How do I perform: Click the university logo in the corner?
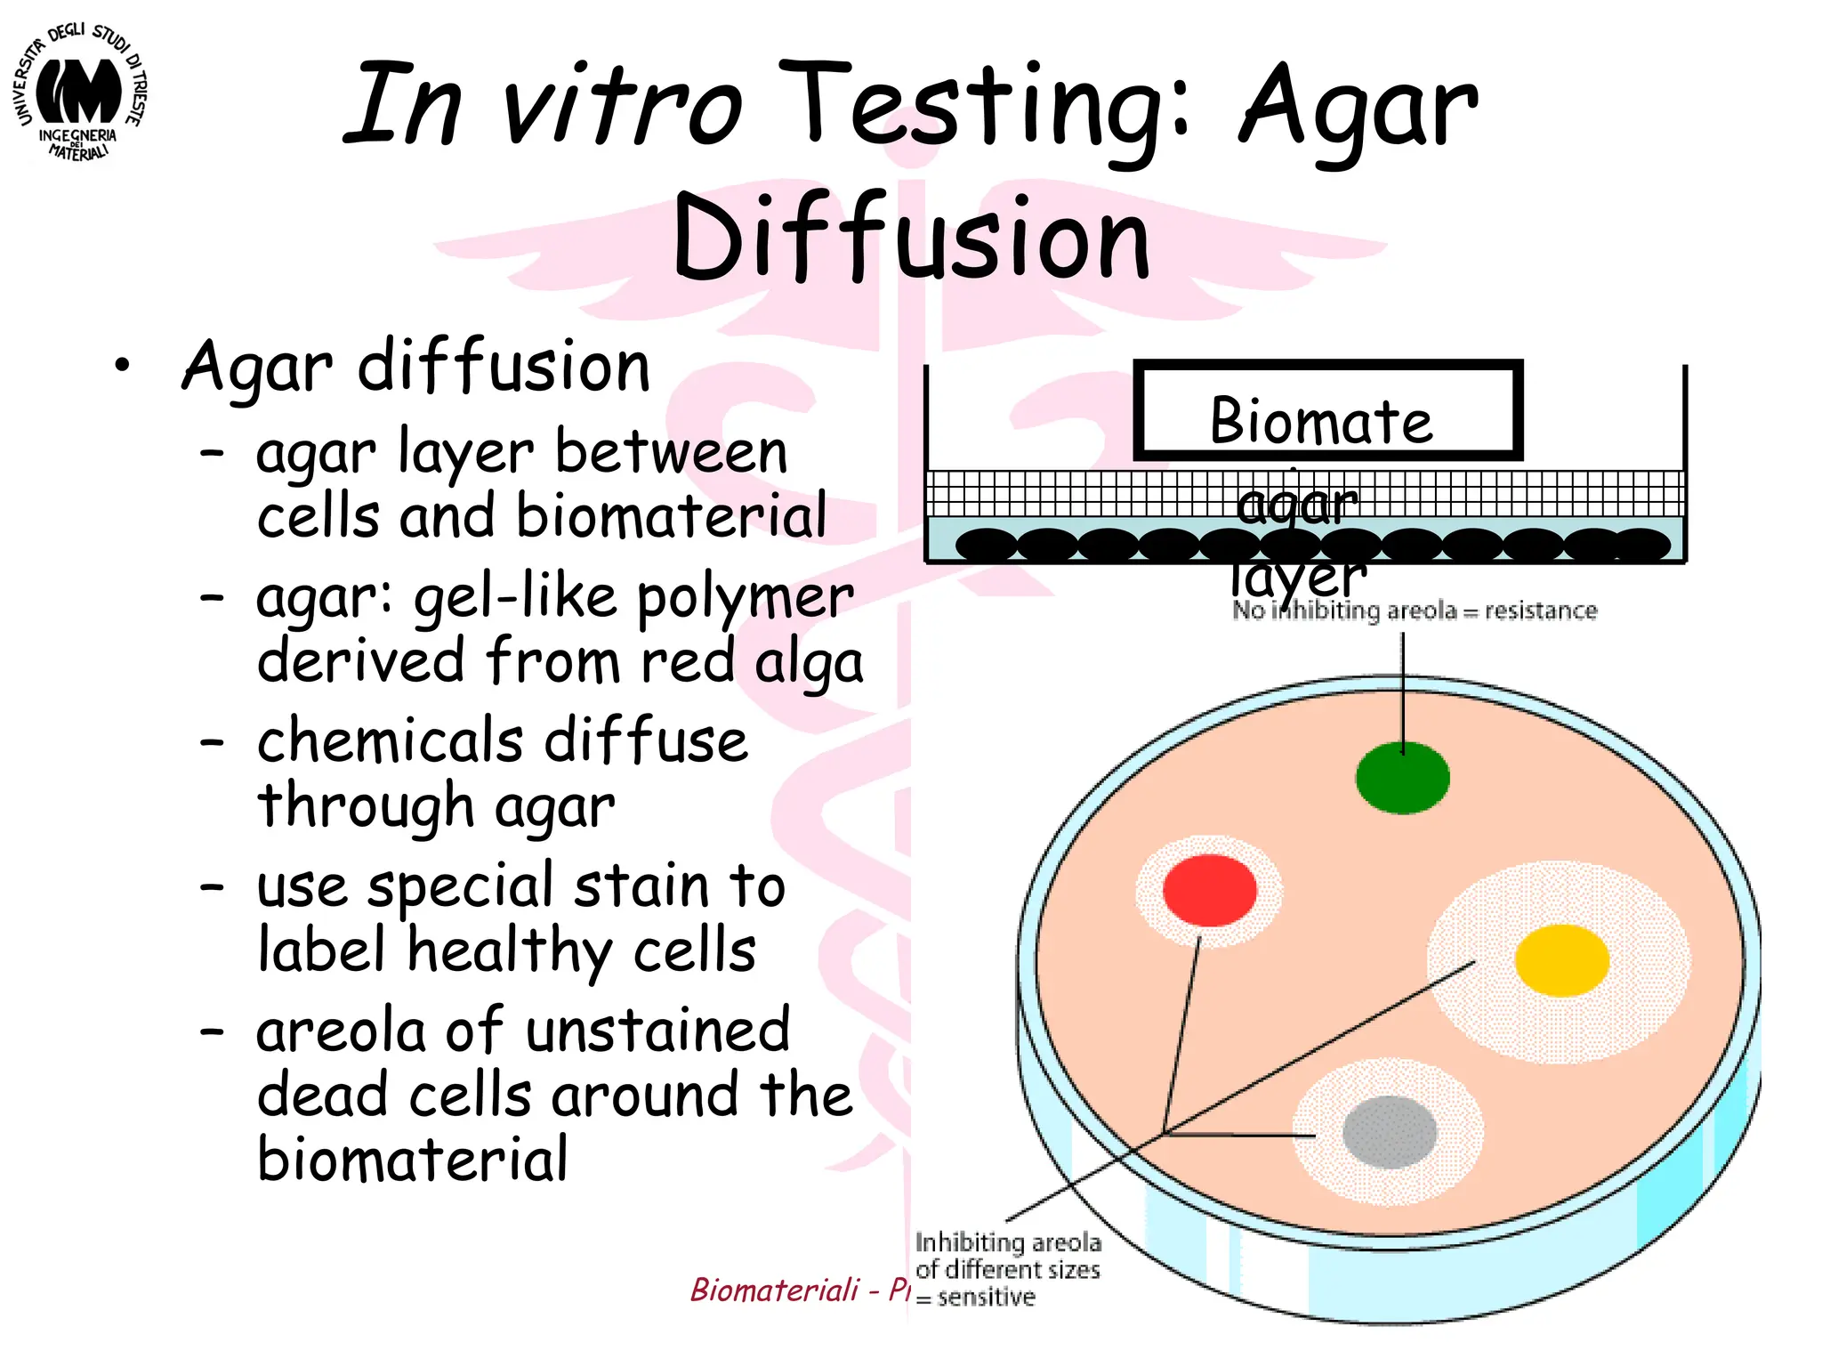(81, 93)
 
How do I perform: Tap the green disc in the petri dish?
(1402, 777)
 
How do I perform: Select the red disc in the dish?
(1209, 889)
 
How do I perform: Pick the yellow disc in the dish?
(1561, 960)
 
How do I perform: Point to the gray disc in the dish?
(1389, 1132)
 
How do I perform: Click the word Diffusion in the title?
(911, 239)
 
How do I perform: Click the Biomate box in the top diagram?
(1327, 410)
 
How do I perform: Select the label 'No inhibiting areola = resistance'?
(1415, 611)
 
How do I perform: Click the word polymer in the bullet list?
(746, 598)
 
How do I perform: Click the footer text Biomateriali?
(775, 1290)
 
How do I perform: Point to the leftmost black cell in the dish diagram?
(986, 544)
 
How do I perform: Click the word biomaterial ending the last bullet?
(412, 1159)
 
